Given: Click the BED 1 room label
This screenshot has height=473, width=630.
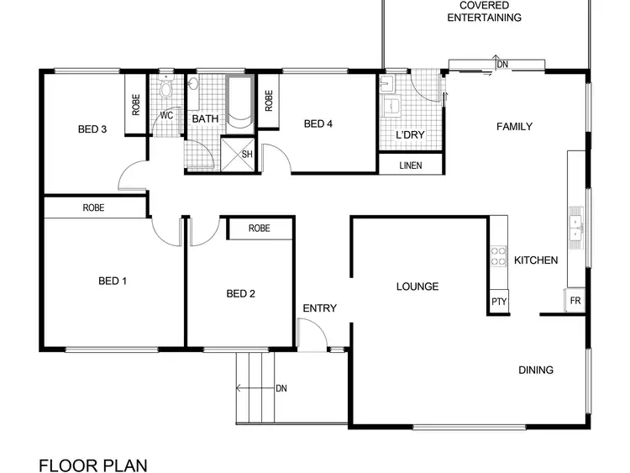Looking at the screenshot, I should pyautogui.click(x=112, y=281).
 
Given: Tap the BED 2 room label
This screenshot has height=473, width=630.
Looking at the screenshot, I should pyautogui.click(x=240, y=293).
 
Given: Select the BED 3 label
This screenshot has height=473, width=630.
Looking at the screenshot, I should pyautogui.click(x=92, y=129).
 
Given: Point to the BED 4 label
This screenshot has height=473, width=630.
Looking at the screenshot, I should pyautogui.click(x=318, y=124).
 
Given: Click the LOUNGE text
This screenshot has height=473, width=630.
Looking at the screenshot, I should pyautogui.click(x=417, y=286).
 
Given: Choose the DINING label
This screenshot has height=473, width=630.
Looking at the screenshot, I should pyautogui.click(x=535, y=370).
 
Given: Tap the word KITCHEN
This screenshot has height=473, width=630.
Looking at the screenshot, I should pyautogui.click(x=536, y=260).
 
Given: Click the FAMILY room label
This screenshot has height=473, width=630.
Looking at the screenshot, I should pyautogui.click(x=514, y=127).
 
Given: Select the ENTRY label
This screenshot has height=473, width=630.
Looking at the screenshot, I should pyautogui.click(x=319, y=308).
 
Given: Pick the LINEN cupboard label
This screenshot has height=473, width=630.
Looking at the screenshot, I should pyautogui.click(x=411, y=166).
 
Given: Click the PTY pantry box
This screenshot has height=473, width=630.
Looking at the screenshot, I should pyautogui.click(x=499, y=302).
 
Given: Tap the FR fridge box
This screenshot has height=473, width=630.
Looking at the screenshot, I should pyautogui.click(x=575, y=300).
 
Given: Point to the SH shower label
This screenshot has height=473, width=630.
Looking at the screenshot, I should pyautogui.click(x=247, y=154).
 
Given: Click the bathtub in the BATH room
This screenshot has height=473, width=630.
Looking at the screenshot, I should pyautogui.click(x=239, y=103).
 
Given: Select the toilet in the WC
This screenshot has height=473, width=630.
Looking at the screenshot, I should pyautogui.click(x=165, y=90).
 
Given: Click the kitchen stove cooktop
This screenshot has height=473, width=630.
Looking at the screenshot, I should pyautogui.click(x=498, y=255).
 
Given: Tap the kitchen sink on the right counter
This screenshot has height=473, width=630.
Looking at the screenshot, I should pyautogui.click(x=576, y=224).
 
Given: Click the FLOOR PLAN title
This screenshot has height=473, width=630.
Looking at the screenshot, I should pyautogui.click(x=92, y=465).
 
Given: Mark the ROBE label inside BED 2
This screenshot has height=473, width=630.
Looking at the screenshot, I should pyautogui.click(x=260, y=228).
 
